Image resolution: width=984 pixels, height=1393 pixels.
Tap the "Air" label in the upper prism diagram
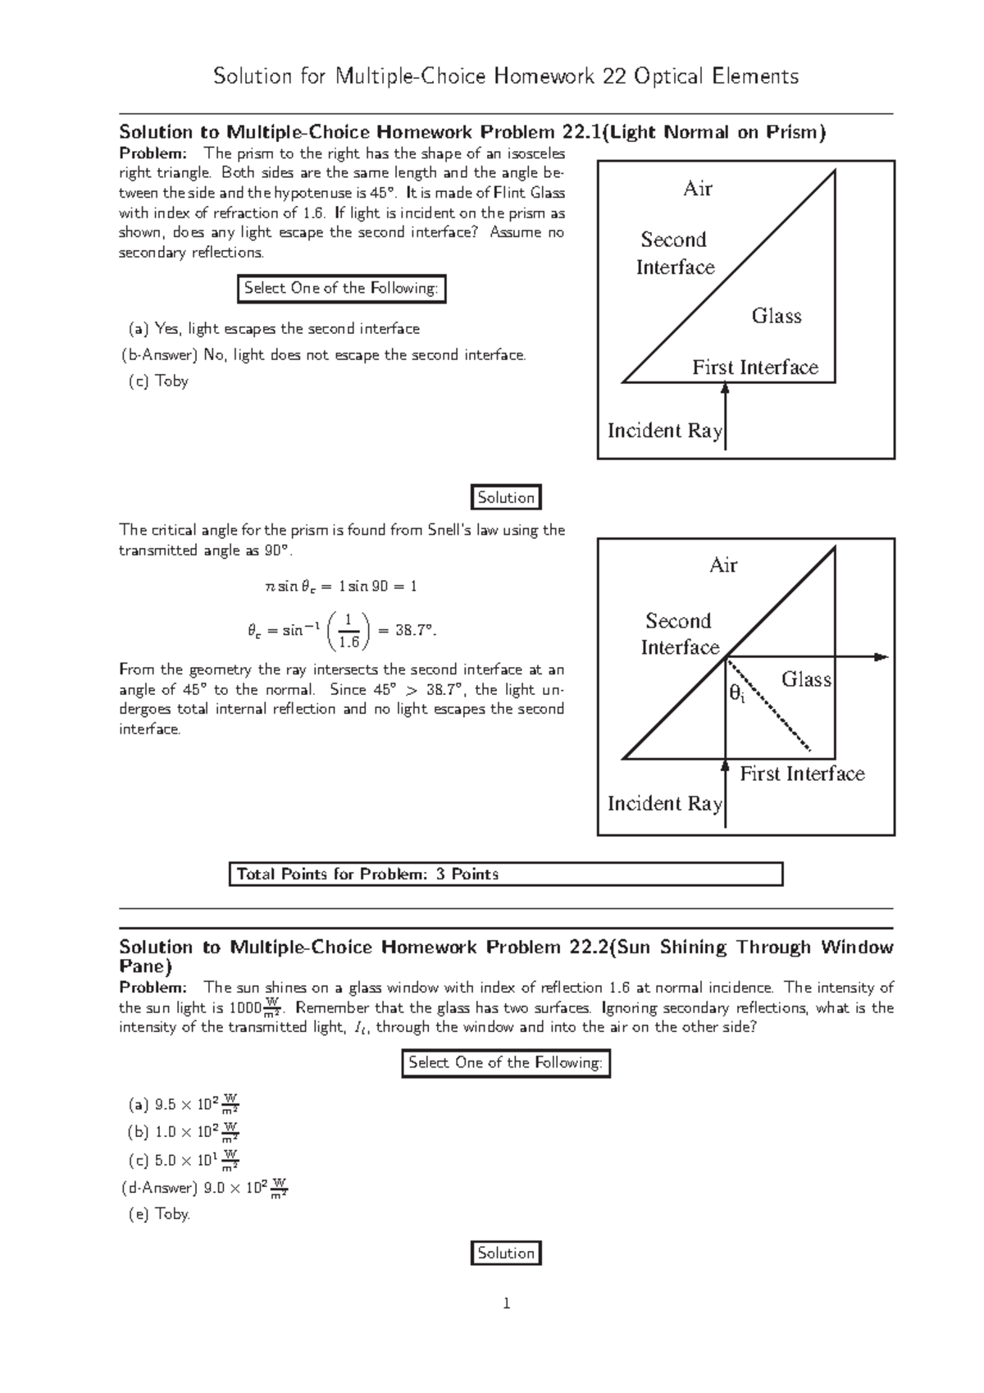click(698, 189)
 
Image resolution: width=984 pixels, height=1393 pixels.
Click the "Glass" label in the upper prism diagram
click(776, 316)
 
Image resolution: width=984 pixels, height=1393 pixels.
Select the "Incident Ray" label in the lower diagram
click(664, 803)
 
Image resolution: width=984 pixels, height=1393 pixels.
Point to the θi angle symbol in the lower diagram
click(736, 694)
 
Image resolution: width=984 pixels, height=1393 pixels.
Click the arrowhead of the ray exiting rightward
click(881, 656)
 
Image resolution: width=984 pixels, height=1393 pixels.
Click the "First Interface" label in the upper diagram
click(754, 368)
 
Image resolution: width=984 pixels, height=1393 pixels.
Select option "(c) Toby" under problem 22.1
click(158, 381)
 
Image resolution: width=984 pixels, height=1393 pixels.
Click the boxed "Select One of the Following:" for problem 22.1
click(340, 288)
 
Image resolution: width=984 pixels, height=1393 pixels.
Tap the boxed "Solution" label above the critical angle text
click(506, 497)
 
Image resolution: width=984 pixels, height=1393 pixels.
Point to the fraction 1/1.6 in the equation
click(348, 630)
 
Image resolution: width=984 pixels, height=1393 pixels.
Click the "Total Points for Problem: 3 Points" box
click(505, 874)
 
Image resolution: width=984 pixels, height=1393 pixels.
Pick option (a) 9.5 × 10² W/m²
click(183, 1104)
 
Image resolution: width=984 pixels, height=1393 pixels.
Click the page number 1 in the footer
click(506, 1303)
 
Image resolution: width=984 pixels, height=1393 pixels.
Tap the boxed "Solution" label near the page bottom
click(506, 1253)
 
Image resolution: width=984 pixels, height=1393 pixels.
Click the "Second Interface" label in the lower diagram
click(678, 634)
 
